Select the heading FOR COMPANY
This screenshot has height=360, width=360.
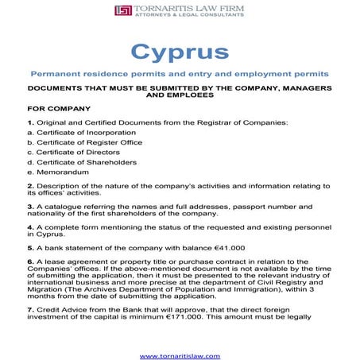tap(59, 108)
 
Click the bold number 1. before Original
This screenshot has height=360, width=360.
tap(30, 122)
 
